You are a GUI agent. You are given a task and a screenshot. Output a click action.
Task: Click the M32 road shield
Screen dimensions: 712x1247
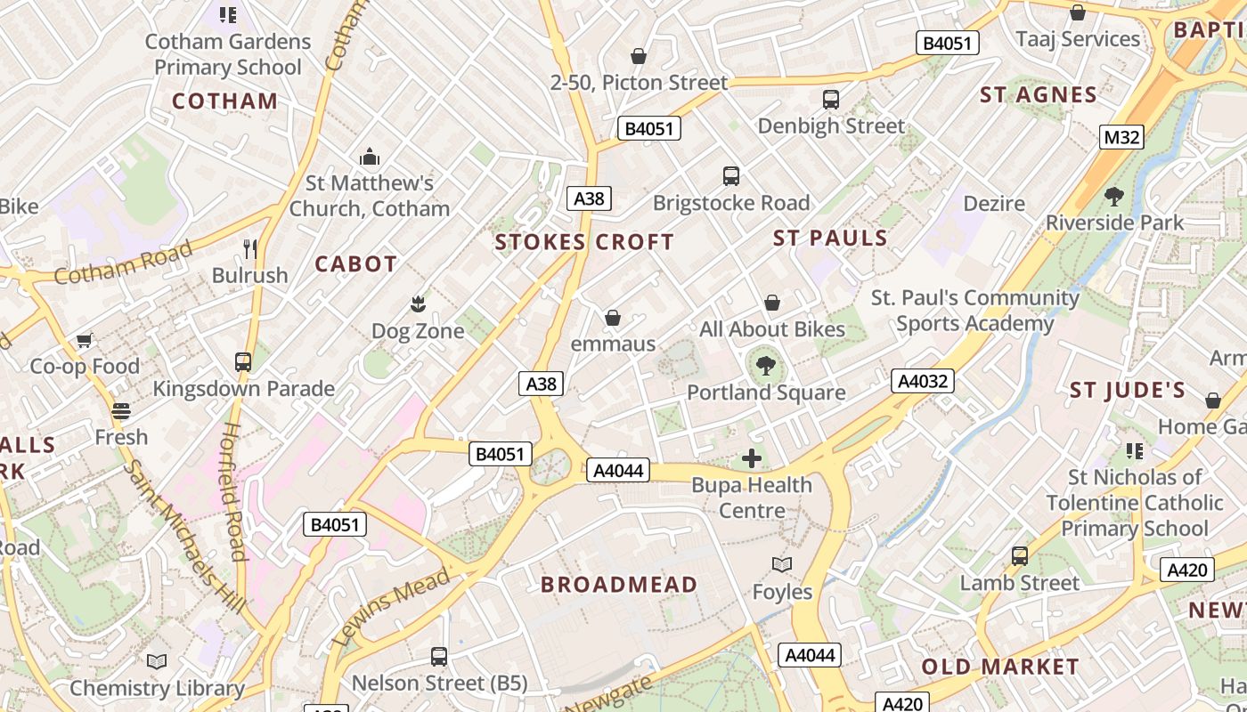(x=1121, y=137)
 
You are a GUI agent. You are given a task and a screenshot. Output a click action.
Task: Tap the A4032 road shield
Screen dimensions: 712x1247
(x=923, y=381)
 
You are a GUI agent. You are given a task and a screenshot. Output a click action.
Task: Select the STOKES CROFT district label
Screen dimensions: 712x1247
(x=584, y=242)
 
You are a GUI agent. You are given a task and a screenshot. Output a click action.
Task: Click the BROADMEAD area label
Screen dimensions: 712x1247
(x=619, y=585)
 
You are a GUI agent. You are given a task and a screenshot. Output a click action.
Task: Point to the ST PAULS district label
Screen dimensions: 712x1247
(x=830, y=238)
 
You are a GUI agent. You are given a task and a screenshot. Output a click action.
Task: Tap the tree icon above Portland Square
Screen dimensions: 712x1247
(x=764, y=364)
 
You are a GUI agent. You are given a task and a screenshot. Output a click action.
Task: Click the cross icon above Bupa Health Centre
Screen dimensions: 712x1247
(x=752, y=458)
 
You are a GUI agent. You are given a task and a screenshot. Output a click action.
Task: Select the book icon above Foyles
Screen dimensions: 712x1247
(x=782, y=564)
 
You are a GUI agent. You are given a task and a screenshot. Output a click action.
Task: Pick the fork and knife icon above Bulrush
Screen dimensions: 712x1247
(x=250, y=248)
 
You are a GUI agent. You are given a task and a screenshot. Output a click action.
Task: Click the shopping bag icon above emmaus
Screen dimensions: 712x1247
(x=613, y=317)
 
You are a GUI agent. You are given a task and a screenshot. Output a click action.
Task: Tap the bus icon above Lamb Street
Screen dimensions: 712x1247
(x=1020, y=556)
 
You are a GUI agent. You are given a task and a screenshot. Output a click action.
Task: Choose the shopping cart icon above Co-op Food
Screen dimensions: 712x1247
(x=85, y=339)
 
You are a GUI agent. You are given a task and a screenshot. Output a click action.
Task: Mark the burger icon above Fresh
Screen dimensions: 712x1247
(x=121, y=410)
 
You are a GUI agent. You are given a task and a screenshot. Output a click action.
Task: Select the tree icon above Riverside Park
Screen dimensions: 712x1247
(x=1113, y=196)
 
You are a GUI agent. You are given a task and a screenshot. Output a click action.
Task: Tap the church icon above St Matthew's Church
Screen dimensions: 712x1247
(x=370, y=158)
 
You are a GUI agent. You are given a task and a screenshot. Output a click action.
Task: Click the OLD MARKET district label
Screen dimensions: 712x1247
(x=999, y=667)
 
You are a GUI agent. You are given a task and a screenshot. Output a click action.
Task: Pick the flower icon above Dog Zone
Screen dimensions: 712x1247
(x=417, y=304)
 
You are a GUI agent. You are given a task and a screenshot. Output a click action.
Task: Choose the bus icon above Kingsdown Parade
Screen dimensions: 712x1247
(x=243, y=362)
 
